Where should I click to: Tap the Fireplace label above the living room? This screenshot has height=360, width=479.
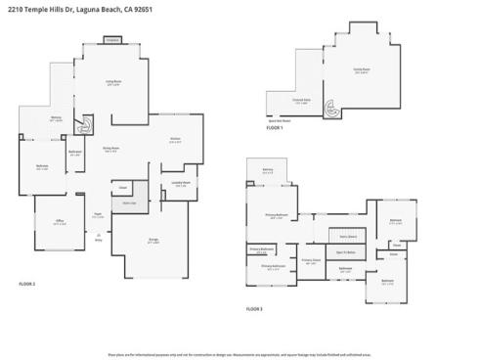112,40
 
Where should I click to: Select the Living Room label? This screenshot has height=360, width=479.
113,82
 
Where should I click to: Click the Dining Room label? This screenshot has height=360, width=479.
110,149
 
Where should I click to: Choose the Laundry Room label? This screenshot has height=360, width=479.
179,183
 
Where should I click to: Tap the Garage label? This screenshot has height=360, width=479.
152,242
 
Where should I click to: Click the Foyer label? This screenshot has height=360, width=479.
98,215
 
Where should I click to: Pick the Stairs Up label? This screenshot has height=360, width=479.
129,203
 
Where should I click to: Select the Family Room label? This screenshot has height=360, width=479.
361,69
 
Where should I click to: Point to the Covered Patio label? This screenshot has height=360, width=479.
302,100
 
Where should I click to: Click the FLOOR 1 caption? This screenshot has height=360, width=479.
275,128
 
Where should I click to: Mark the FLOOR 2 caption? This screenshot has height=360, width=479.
26,283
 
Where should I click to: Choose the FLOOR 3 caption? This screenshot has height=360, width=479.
253,308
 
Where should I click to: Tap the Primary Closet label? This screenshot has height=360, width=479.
311,262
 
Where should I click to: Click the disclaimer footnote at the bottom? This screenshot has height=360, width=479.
239,353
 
